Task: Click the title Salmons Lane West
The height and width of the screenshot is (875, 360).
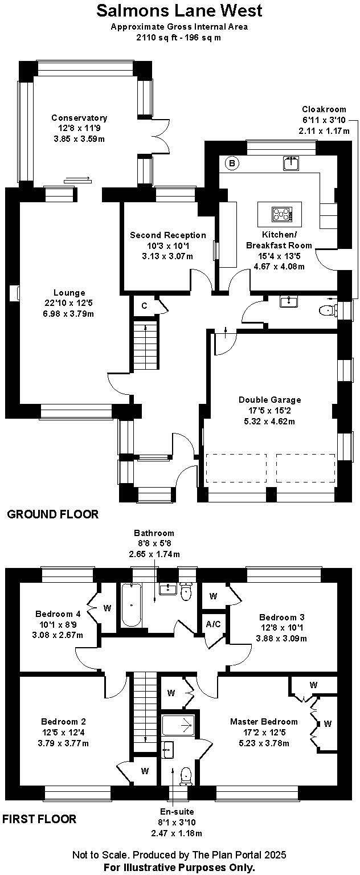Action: point(179,10)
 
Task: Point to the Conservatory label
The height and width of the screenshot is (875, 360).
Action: point(79,118)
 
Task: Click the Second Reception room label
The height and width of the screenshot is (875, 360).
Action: point(168,235)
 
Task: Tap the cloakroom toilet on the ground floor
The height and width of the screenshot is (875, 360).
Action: point(327,310)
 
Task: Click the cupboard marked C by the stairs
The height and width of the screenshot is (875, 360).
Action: point(144,306)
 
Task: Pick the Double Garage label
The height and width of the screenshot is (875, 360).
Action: point(270,400)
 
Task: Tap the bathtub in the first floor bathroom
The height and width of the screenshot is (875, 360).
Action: point(132,606)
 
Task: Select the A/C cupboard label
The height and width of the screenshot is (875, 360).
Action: point(214,624)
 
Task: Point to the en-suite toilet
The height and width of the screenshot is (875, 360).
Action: point(186,775)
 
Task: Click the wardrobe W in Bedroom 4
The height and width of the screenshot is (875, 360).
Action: point(107,608)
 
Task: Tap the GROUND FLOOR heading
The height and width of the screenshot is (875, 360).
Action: point(52,514)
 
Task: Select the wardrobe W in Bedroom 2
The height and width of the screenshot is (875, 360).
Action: point(145,771)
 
